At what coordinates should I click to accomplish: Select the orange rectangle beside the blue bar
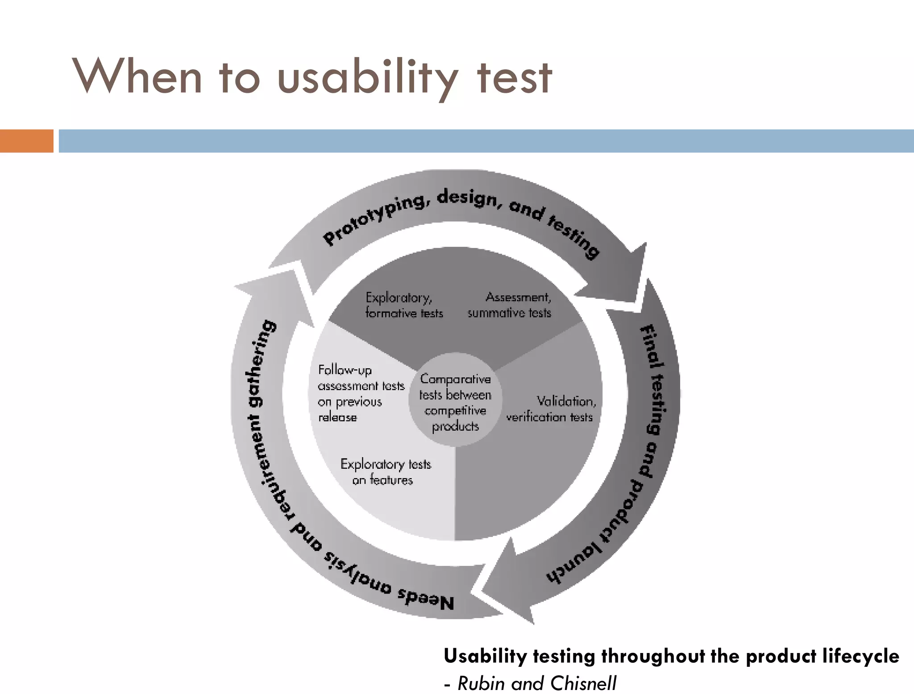26,141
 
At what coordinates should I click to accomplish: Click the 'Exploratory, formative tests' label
403,305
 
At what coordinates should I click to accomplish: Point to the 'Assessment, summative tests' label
509,305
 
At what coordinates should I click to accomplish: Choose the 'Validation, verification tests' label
551,409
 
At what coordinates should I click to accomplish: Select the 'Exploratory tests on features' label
385,472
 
